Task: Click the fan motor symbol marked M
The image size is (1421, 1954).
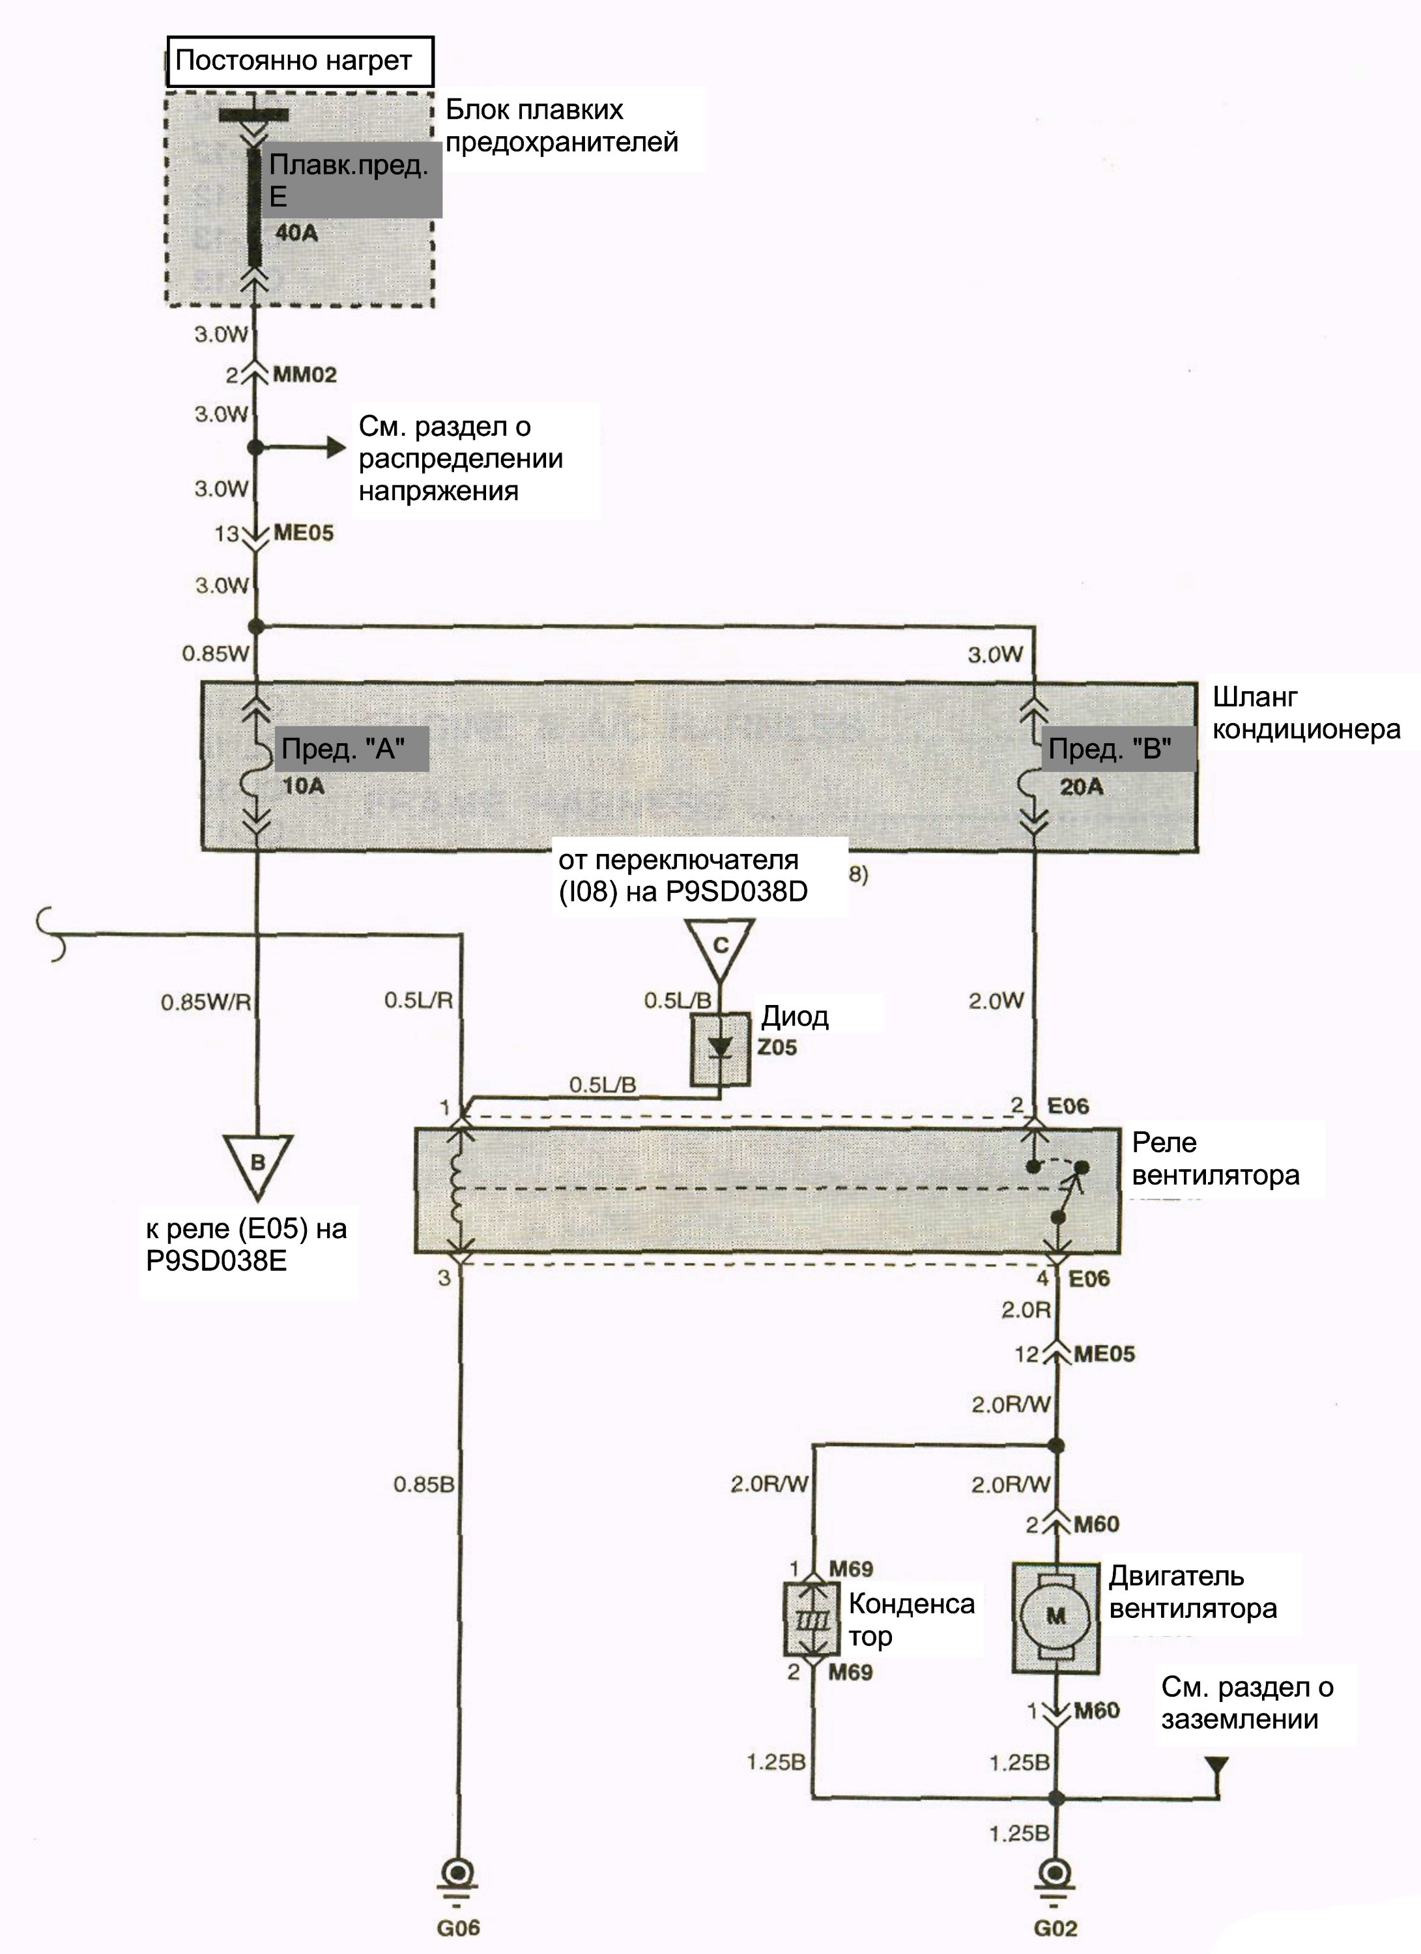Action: pos(1055,1616)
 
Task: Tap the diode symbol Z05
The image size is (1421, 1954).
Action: pos(721,1047)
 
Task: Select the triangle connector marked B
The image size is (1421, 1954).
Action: pos(257,1167)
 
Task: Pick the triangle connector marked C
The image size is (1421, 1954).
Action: pos(721,950)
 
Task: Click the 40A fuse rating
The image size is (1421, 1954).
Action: pos(296,233)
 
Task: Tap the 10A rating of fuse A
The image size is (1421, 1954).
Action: pos(304,786)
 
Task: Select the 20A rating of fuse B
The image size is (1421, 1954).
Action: pos(1082,786)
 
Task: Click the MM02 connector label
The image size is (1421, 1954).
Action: pos(305,375)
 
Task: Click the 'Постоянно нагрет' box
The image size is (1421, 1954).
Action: pos(300,61)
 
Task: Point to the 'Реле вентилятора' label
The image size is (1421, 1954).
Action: pos(1216,1159)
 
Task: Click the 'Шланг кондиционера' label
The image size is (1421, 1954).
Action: pos(1306,713)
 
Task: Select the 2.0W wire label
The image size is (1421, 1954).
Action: pos(996,1000)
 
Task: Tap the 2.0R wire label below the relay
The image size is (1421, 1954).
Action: pos(1026,1310)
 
